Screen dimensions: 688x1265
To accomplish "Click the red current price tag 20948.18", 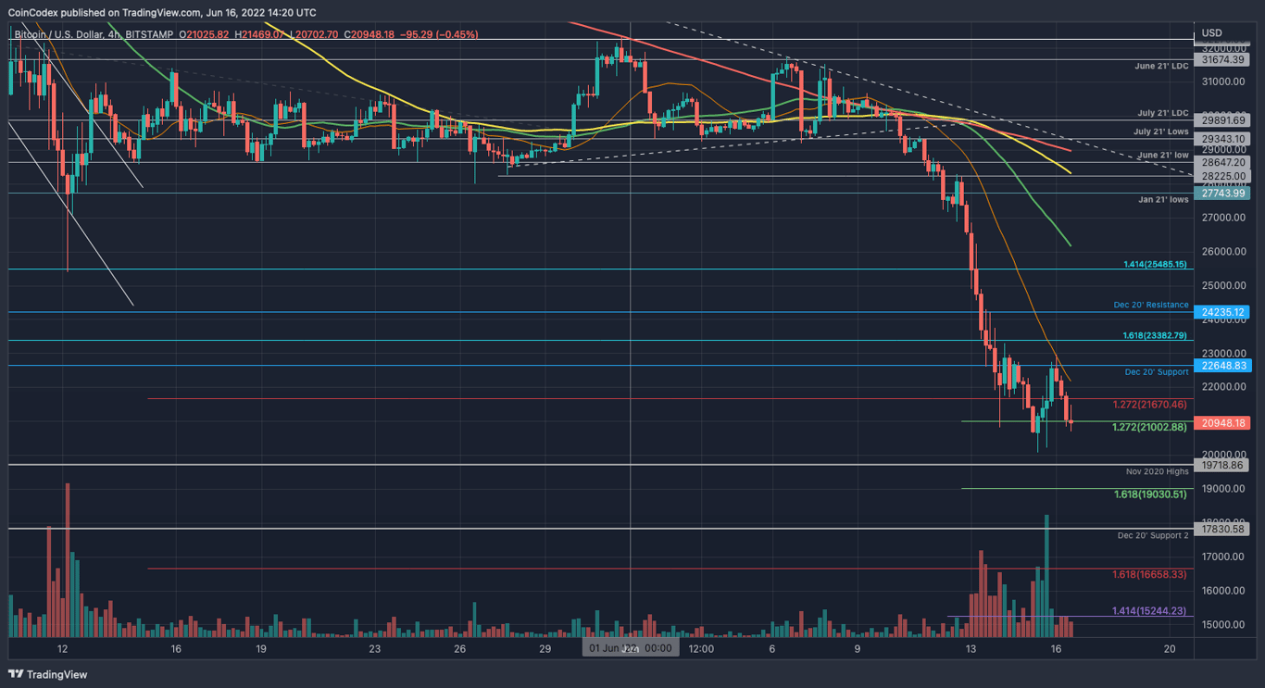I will (x=1223, y=423).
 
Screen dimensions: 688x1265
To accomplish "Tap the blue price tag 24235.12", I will (x=1223, y=312).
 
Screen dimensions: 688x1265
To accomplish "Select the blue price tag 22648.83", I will (x=1223, y=366).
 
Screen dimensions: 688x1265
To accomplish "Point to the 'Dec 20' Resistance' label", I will (x=1150, y=305).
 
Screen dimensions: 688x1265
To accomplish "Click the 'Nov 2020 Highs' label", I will (x=1157, y=472).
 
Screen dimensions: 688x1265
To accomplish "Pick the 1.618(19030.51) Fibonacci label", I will (x=1150, y=494).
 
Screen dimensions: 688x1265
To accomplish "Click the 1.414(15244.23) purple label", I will (x=1149, y=610).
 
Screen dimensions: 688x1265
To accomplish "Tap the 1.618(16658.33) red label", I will (x=1149, y=574).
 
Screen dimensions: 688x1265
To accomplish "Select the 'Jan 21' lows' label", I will (x=1163, y=199).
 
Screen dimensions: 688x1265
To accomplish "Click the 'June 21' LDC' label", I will (x=1161, y=67).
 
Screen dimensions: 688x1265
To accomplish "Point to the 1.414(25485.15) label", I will (x=1155, y=264).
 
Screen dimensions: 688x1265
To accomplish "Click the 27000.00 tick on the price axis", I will (x=1221, y=218).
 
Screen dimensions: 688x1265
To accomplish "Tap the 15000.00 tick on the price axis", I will (x=1221, y=625).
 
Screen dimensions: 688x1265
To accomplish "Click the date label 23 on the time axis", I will (x=374, y=649).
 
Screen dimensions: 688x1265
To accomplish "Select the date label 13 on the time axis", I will (x=971, y=649).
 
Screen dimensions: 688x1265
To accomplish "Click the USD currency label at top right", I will (x=1211, y=33).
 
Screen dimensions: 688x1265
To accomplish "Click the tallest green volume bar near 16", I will (x=1046, y=565).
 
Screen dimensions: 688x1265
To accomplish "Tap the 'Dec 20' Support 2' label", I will (x=1152, y=536).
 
